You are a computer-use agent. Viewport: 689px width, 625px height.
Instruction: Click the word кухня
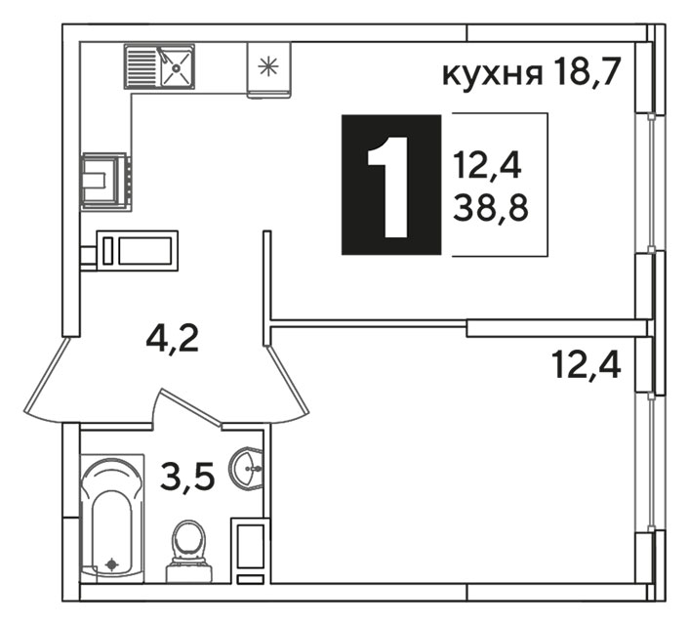coord(492,75)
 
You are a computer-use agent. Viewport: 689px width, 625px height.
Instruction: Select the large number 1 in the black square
coord(388,187)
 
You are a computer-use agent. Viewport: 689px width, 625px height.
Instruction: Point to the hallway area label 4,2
coord(173,339)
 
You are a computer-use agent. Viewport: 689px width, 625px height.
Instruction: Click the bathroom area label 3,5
coord(187,477)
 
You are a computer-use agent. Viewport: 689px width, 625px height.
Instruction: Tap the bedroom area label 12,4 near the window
coord(588,366)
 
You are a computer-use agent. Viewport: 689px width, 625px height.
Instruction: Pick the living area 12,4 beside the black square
coord(488,164)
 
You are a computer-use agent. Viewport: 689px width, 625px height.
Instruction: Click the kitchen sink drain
coord(176,67)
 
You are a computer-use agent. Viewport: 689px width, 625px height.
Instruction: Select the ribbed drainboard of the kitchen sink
coord(141,66)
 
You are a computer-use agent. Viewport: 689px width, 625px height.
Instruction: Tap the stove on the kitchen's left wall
coord(105,182)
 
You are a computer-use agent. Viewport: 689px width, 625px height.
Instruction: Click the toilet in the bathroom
coord(189,551)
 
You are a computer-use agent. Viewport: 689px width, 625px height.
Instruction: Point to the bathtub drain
coord(112,563)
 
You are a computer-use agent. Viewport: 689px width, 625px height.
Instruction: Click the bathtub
coord(112,519)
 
